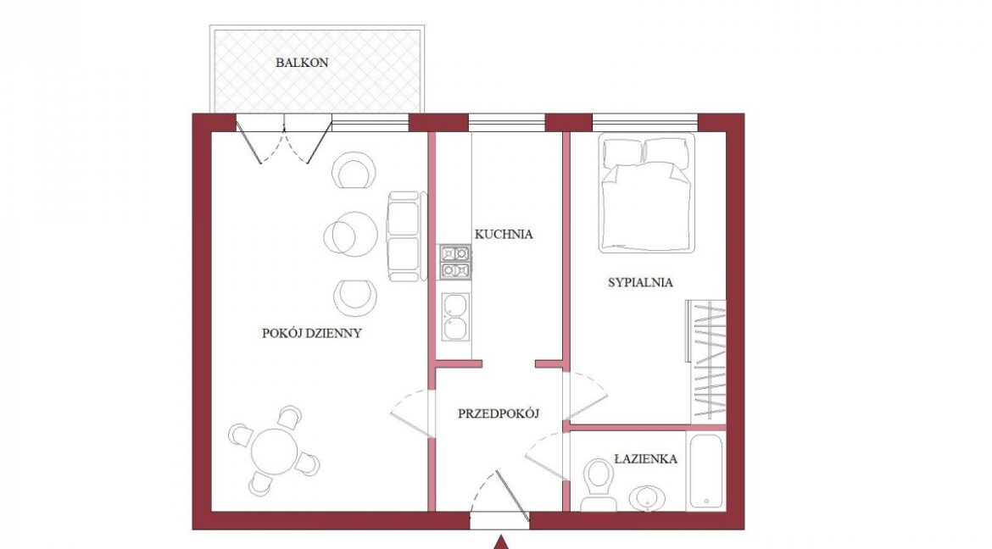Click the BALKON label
302,63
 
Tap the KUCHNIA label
504,234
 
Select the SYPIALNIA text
640,283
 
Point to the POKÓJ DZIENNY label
312,333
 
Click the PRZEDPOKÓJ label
499,413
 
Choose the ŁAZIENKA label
645,458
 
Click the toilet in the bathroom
598,485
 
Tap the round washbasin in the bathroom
647,498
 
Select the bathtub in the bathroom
705,470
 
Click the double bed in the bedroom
647,193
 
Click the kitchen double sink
454,318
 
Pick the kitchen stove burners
455,263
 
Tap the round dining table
274,452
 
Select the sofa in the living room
406,236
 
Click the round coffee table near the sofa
350,234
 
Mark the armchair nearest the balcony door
354,170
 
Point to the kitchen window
507,123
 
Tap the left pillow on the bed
622,152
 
